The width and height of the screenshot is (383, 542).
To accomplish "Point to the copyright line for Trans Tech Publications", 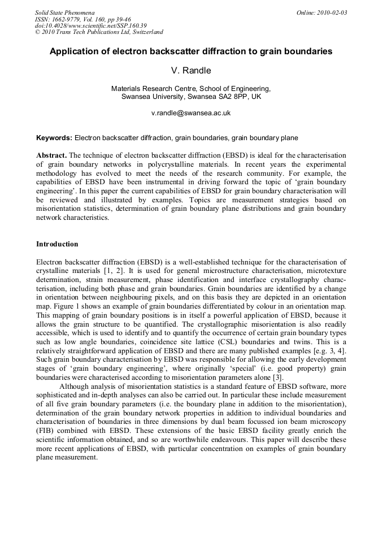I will click(99, 32).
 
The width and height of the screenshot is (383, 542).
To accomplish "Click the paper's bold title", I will click(191, 51).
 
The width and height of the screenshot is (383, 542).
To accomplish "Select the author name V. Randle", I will click(191, 71).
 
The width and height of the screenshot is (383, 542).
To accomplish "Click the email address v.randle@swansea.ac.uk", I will click(191, 113).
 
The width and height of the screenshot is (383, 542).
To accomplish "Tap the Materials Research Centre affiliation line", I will click(191, 89).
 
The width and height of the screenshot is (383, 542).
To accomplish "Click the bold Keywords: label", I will click(54, 137).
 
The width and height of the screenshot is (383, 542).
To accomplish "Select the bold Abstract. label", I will click(51, 155).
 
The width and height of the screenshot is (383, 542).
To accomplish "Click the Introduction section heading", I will click(57, 244).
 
